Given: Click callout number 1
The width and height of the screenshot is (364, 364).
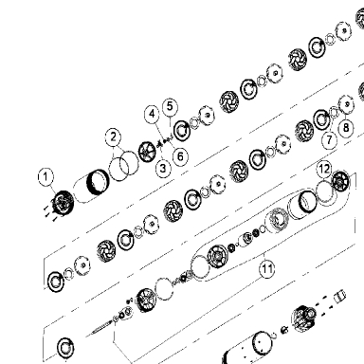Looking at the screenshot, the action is [x=45, y=177].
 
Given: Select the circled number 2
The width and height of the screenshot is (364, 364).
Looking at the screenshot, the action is [x=114, y=137].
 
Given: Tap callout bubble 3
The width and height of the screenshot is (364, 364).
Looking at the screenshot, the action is [x=163, y=168].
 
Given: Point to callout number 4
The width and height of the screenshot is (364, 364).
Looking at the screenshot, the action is [x=153, y=114].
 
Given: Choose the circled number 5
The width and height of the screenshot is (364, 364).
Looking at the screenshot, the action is [x=170, y=106].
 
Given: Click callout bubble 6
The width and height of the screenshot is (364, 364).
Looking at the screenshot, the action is [x=180, y=156].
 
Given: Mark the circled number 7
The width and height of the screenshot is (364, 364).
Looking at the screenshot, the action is [x=330, y=139].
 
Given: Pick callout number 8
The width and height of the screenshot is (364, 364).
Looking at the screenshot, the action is [x=346, y=128].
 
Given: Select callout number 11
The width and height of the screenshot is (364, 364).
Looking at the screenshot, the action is [x=267, y=269].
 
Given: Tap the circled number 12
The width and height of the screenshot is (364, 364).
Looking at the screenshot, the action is [x=324, y=169].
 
